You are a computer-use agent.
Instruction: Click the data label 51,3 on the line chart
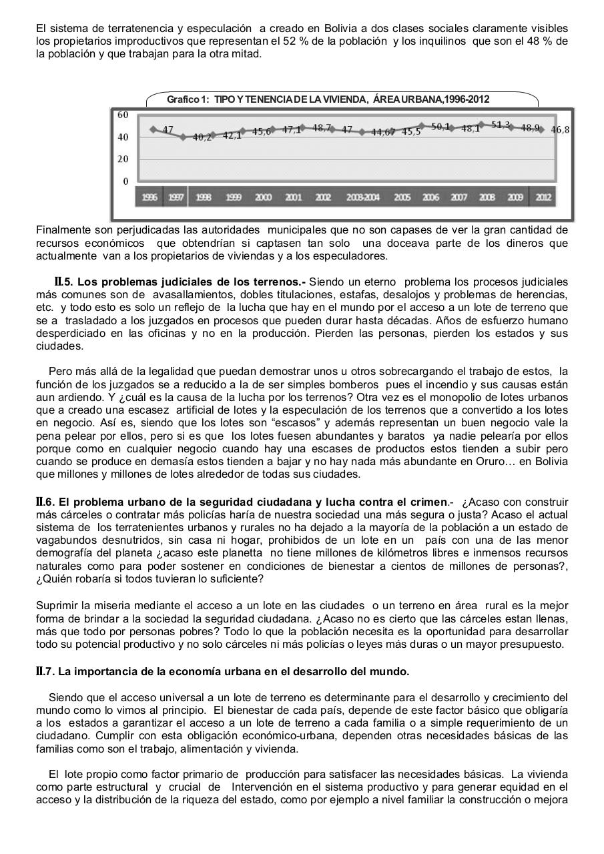point(500,125)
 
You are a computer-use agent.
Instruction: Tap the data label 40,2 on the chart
point(202,137)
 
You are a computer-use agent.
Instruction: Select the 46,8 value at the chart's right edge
point(560,129)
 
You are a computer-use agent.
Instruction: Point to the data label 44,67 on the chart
point(383,132)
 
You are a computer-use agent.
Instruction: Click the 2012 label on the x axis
point(543,197)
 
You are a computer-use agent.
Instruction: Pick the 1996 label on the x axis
point(150,197)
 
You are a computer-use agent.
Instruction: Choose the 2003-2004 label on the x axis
point(362,197)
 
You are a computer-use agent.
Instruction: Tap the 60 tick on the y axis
point(123,115)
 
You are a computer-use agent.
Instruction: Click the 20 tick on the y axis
point(123,159)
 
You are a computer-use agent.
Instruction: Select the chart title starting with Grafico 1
point(328,99)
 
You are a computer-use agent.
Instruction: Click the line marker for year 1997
point(183,137)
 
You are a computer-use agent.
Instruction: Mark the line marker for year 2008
point(483,124)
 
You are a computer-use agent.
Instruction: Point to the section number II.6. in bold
point(45,502)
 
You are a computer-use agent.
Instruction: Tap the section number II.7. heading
point(45,671)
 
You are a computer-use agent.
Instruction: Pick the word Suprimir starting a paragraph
point(56,605)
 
